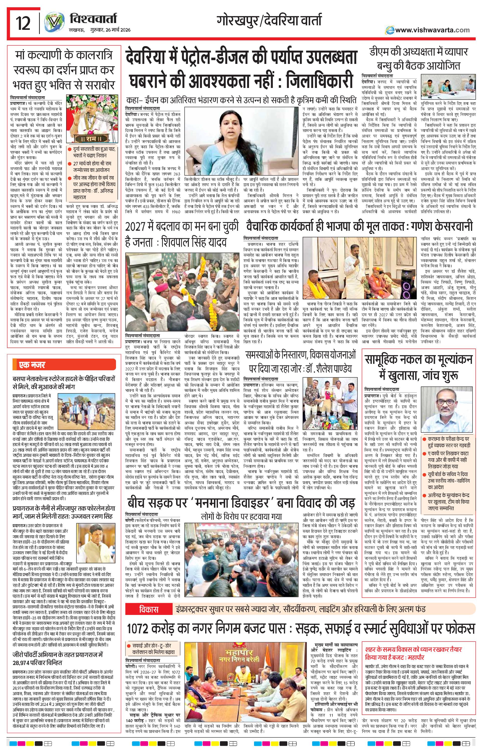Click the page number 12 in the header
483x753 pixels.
tap(23, 24)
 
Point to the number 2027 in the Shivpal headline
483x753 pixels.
tap(137, 227)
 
